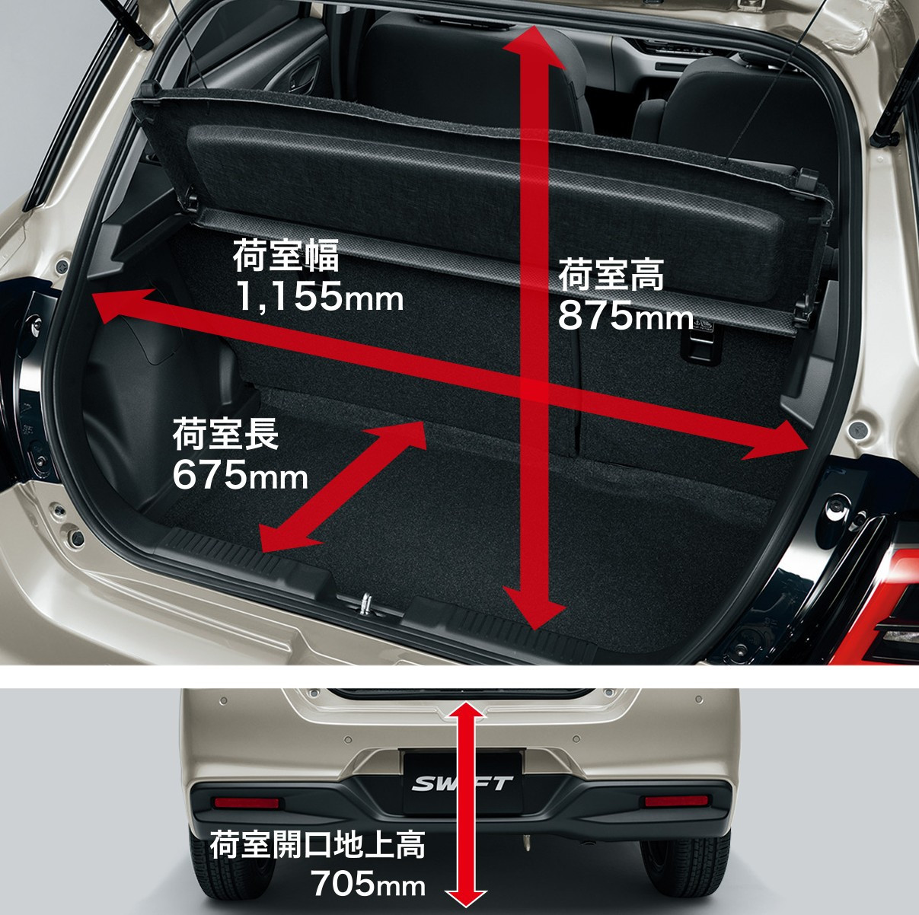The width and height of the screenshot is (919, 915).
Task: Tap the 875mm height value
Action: (x=625, y=316)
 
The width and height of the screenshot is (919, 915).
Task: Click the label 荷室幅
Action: (x=286, y=256)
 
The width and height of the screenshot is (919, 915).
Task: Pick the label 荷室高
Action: (x=611, y=275)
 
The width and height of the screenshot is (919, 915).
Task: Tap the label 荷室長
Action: (x=225, y=434)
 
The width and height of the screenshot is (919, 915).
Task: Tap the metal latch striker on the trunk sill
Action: (x=365, y=604)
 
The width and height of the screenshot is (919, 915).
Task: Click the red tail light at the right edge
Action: (x=879, y=605)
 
